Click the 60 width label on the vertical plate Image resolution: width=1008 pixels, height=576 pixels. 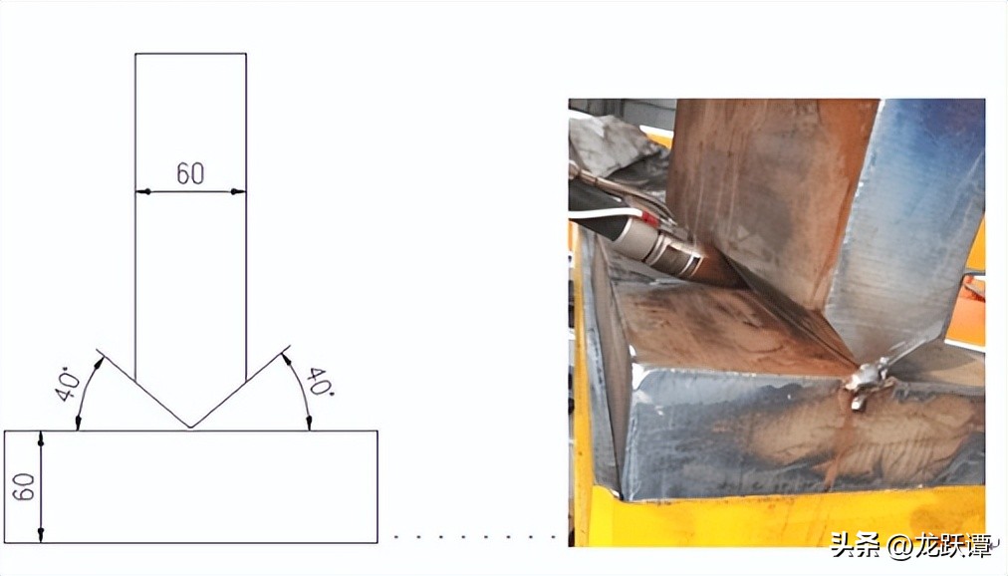tap(190, 173)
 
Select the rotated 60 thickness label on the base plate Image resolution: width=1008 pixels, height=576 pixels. tap(24, 486)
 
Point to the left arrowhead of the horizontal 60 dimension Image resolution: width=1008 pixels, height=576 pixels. tap(142, 191)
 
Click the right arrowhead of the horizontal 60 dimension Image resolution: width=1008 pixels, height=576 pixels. tap(238, 191)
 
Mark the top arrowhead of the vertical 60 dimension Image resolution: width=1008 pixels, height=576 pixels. tap(41, 438)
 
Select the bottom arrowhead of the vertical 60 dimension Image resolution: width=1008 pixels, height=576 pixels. tap(41, 535)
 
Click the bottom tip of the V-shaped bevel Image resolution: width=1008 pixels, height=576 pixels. tap(190, 428)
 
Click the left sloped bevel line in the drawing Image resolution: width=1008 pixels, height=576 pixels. tap(142, 389)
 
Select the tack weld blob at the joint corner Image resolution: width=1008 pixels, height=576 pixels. tap(868, 381)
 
